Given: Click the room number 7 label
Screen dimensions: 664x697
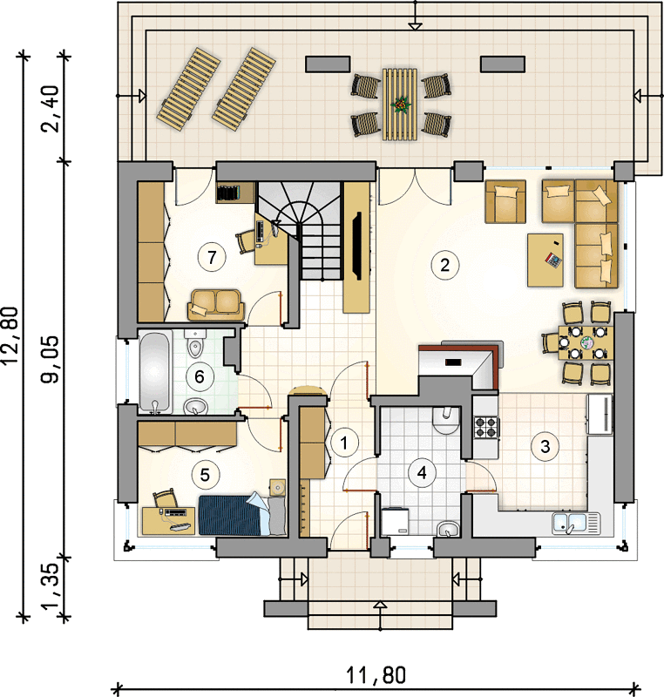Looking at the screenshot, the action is coord(212,257).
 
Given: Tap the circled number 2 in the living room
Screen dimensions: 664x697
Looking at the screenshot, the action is coord(445,266).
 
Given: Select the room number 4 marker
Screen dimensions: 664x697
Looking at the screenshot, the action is coord(422,472).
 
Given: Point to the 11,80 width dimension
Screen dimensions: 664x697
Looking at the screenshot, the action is coord(376,675).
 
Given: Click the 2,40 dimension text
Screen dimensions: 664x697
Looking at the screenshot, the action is coord(50,108).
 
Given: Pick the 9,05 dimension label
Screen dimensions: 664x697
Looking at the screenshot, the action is coord(50,359).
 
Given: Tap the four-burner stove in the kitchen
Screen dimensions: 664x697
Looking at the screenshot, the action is coord(485,427).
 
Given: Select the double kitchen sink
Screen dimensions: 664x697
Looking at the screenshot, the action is coord(576,523).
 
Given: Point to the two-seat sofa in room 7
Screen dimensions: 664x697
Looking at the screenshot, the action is coord(216,304).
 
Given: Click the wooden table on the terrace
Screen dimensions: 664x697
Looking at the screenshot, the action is coord(400,105).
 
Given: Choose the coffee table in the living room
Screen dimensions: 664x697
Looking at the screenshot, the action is coord(545,260).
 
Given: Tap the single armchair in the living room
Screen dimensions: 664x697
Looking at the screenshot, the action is coord(505,201).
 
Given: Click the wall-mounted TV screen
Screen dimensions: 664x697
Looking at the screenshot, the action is coord(356,246).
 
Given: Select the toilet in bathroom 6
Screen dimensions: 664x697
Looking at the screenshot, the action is coord(194,343).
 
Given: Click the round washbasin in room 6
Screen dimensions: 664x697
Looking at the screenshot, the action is coord(195,406).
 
